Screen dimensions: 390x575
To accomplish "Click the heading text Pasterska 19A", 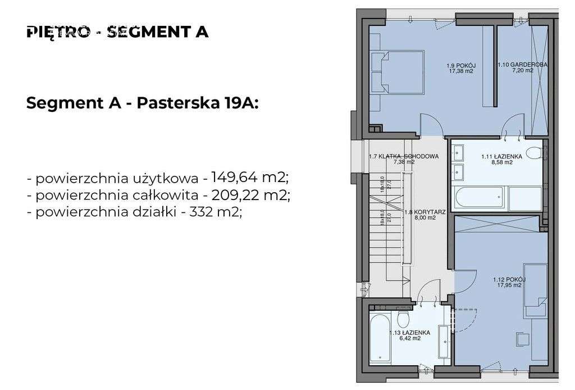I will [197, 103].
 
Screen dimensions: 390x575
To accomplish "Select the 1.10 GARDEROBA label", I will [522, 65].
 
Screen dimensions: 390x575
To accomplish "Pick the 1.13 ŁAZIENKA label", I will [410, 333].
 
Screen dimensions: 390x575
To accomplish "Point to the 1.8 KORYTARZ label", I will [425, 213].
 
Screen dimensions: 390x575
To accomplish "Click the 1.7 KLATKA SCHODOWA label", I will [403, 156].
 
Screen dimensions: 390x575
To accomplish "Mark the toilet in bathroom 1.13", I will [402, 318].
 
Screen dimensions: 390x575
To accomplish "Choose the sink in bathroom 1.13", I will [444, 337].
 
